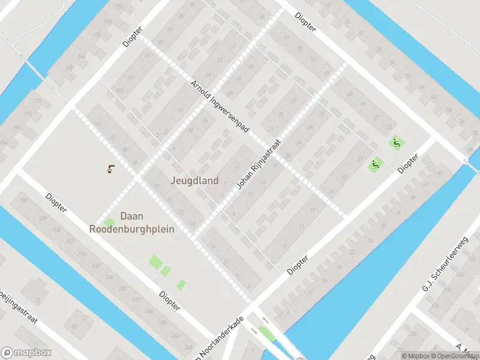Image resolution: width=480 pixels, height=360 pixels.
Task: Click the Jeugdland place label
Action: click(194, 180)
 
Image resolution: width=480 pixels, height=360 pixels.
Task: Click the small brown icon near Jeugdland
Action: click(110, 169)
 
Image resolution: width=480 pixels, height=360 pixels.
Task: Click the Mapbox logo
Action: click(26, 353)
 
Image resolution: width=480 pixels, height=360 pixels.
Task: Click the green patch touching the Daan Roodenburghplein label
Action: click(109, 223)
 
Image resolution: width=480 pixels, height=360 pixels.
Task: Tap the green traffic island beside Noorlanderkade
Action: click(266, 334)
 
